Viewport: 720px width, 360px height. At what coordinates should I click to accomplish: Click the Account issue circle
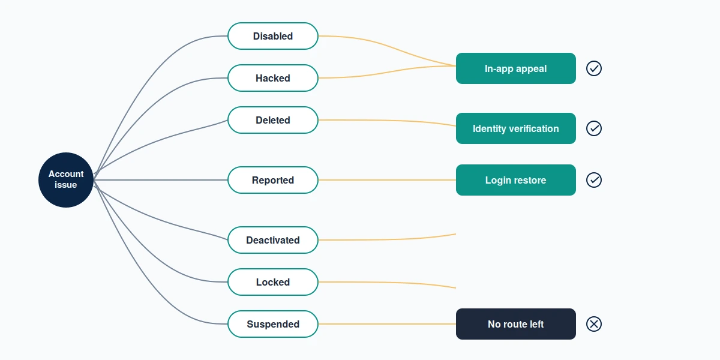(66, 180)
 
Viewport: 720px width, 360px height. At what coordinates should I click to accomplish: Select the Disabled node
(273, 36)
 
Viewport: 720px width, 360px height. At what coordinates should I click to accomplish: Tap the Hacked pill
(273, 78)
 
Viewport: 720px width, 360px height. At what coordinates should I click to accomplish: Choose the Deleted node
(273, 120)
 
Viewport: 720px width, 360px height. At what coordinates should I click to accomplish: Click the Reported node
(273, 180)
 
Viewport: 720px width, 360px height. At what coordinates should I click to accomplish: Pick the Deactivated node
(273, 240)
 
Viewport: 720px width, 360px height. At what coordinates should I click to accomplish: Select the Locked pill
(273, 282)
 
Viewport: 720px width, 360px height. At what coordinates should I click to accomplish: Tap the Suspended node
(273, 324)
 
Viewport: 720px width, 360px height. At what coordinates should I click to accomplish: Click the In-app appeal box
(516, 68)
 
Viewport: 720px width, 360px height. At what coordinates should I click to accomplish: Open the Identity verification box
(516, 128)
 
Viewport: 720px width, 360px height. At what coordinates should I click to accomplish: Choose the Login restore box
(516, 180)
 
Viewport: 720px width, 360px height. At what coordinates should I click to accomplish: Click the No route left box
(516, 324)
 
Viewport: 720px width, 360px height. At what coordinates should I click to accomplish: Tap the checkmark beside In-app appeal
(594, 68)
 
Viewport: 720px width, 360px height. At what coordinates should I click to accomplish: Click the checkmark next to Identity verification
(594, 128)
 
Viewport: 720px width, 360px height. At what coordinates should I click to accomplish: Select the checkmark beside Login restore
(594, 180)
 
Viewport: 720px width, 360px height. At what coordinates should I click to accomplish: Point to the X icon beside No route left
(594, 324)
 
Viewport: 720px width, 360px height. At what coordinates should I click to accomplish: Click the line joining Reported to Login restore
(387, 180)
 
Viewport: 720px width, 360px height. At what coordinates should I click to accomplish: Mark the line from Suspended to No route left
(387, 324)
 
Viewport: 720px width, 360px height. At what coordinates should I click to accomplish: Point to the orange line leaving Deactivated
(387, 239)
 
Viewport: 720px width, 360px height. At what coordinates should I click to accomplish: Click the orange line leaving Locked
(387, 283)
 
